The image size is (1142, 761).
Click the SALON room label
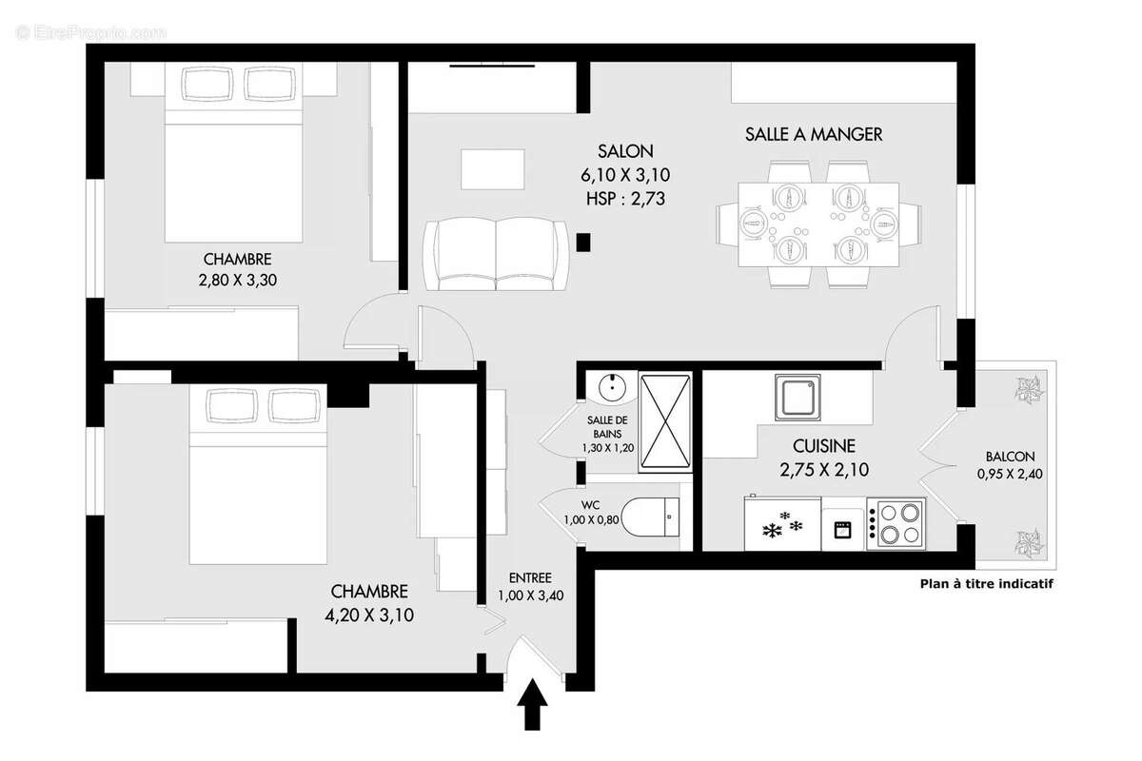625,151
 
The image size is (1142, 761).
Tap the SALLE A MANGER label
813,134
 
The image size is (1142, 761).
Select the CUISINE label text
824,445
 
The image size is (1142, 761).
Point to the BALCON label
1010,457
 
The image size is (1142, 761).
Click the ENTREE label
529,577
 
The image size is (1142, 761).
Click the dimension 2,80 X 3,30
237,280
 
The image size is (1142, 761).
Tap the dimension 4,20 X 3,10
369,615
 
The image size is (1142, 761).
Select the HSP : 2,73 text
625,199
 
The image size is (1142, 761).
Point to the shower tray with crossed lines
666,420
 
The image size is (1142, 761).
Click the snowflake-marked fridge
781,525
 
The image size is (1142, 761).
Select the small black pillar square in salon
584,242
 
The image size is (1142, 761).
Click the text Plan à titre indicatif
986,584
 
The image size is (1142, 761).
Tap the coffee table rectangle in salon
492,169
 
